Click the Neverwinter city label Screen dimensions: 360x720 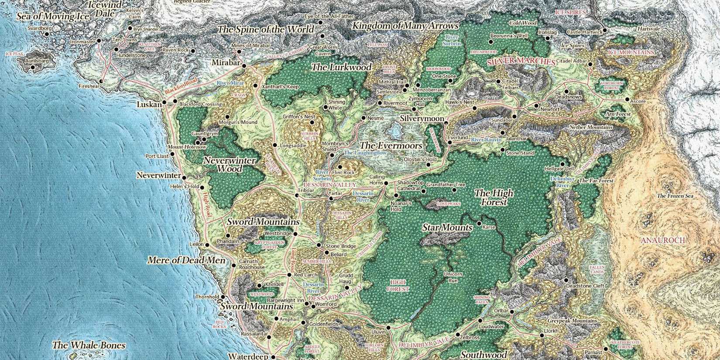coord(158,175)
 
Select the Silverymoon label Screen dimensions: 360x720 coord(422,119)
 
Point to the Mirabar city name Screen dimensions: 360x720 coord(226,63)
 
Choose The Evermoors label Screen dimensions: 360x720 coord(391,145)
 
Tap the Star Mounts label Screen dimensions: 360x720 coord(447,228)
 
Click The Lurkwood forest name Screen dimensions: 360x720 coord(341,67)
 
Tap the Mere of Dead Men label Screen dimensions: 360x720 coord(186,261)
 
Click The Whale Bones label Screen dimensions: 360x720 coord(89,345)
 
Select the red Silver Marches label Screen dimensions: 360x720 coord(521,62)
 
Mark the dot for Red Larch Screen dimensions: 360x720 coord(289,275)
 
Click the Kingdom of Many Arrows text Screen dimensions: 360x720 coord(405,26)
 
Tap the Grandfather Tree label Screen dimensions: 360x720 coord(446,185)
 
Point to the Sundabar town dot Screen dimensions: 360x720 coord(514,117)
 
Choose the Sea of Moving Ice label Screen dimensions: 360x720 coord(53,16)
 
